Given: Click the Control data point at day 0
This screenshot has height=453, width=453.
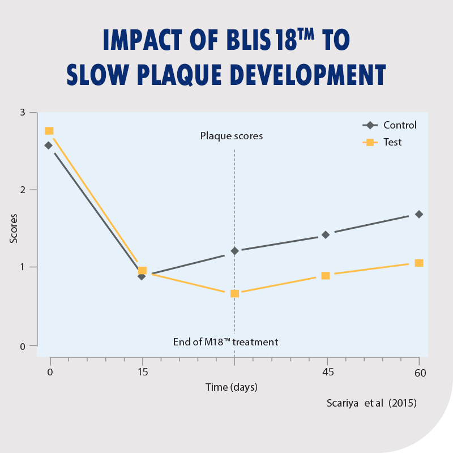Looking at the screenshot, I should click(x=49, y=146).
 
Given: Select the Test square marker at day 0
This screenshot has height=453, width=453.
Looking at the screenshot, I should click(x=49, y=131).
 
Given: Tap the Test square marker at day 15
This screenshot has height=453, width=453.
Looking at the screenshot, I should click(x=143, y=271).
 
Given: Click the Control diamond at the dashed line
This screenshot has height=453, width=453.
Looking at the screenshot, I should click(x=234, y=250).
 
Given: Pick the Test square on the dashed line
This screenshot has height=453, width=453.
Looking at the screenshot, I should click(x=234, y=293).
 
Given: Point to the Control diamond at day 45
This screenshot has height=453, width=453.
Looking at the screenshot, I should click(x=326, y=234).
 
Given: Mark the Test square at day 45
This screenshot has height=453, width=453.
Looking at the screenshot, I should click(x=326, y=276).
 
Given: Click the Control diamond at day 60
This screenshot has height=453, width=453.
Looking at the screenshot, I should click(x=419, y=214).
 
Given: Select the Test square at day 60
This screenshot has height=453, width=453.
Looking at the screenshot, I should click(x=419, y=263).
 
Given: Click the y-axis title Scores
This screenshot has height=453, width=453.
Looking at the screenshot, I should click(x=14, y=228).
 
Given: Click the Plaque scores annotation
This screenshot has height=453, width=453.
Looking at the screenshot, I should click(x=232, y=136).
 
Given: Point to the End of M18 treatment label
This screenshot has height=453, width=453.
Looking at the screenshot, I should click(x=225, y=342).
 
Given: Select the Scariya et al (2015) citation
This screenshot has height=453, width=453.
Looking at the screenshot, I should click(x=371, y=404).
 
